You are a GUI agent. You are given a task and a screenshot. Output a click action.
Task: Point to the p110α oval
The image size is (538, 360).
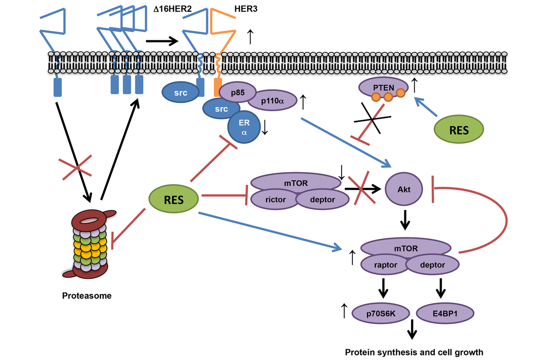(x=272, y=101)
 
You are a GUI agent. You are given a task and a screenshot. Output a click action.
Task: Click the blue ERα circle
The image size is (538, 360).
(x=245, y=127)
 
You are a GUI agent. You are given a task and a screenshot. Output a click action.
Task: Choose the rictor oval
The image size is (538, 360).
(x=275, y=200)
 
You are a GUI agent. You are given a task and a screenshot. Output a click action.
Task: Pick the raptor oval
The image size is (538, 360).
(x=385, y=265)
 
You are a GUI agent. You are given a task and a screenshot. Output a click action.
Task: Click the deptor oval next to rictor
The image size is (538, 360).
(x=322, y=200)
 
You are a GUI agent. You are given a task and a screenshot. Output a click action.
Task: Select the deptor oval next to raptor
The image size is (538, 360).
(x=433, y=265)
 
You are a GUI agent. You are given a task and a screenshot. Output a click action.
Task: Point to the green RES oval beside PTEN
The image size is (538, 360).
(x=459, y=130)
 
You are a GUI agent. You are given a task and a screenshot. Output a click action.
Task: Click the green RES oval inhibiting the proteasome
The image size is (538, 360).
(x=174, y=200)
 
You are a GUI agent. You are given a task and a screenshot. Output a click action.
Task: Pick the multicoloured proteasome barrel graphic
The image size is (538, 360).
(x=90, y=244)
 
